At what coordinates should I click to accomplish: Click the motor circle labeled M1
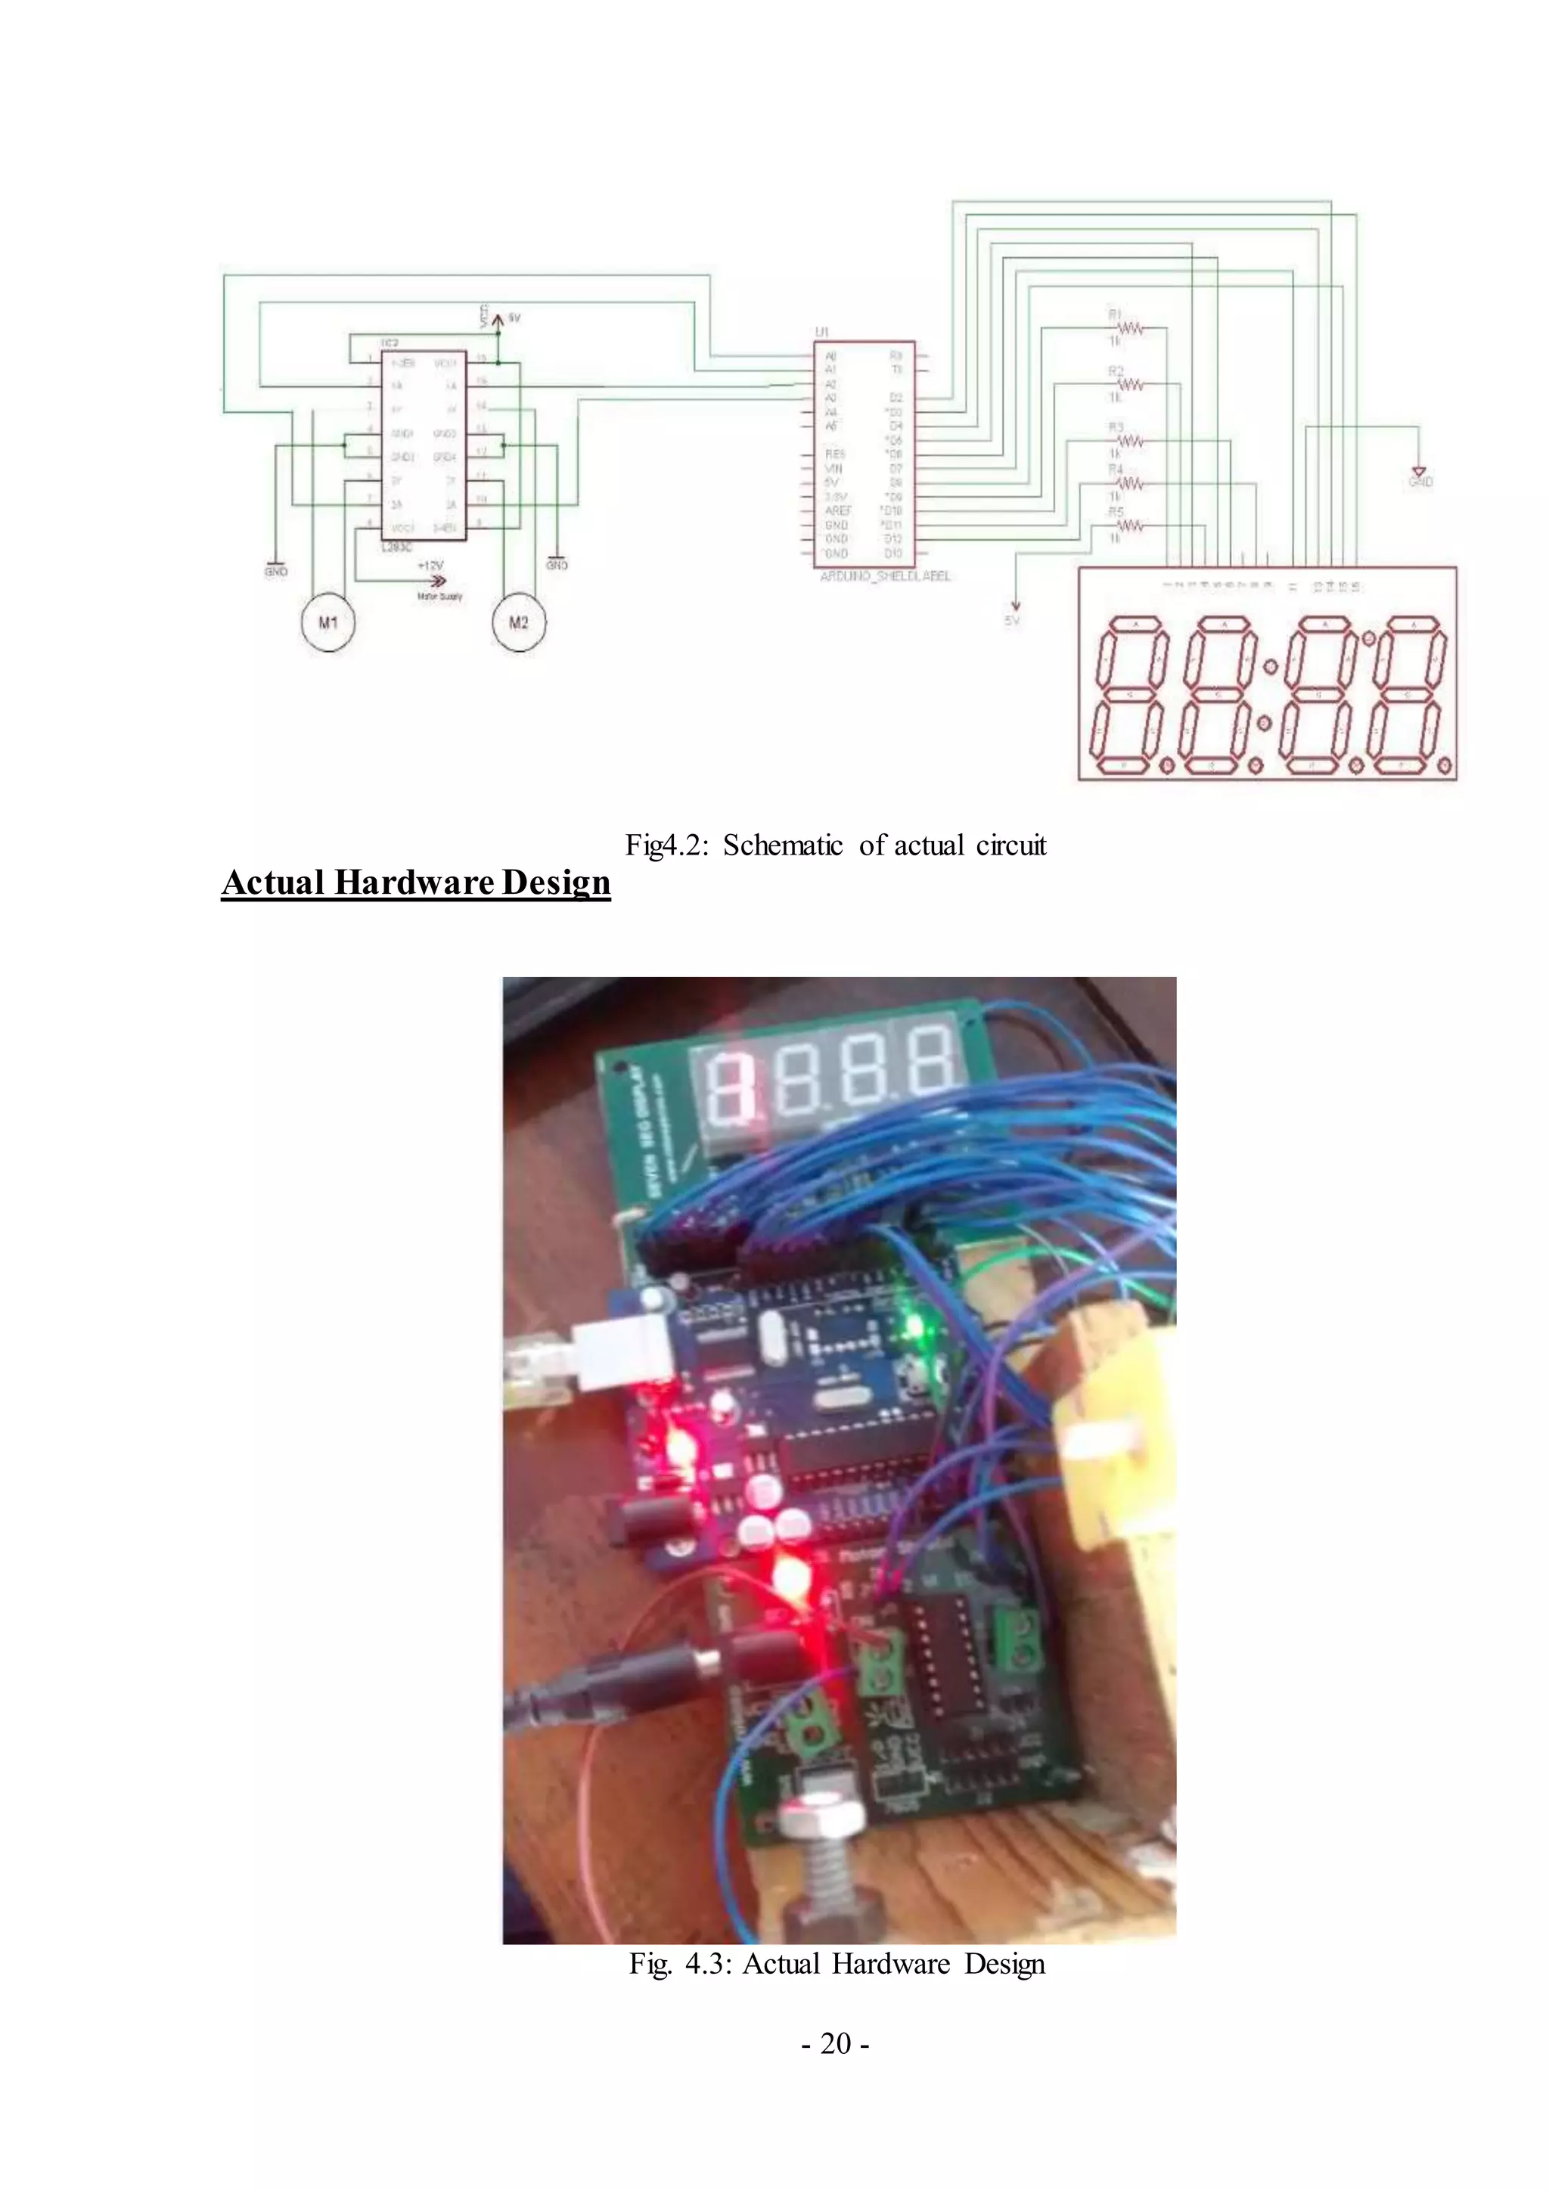point(328,623)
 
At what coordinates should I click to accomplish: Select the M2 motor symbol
point(518,623)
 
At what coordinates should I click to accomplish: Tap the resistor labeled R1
point(1130,329)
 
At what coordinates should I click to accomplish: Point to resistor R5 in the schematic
point(1130,526)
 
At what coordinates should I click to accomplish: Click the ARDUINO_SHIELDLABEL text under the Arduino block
point(885,577)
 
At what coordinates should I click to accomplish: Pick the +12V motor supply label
point(431,566)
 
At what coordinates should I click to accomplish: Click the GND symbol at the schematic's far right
point(1419,474)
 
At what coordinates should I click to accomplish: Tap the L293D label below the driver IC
point(396,545)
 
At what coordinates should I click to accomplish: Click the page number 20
point(834,2043)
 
